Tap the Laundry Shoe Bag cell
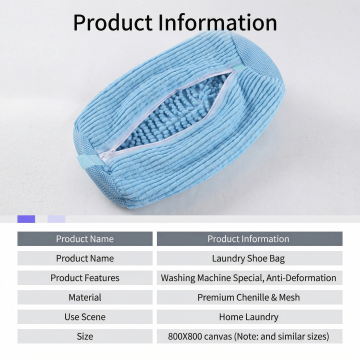(249, 258)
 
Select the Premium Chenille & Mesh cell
(249, 297)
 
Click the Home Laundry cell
(249, 317)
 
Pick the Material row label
(85, 297)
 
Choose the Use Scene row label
(85, 317)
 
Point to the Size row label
(85, 336)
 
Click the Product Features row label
(85, 278)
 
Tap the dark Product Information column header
(249, 239)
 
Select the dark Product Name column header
(85, 239)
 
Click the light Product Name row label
(85, 258)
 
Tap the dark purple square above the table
(26, 219)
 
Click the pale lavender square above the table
(56, 219)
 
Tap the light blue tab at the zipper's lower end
(88, 161)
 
